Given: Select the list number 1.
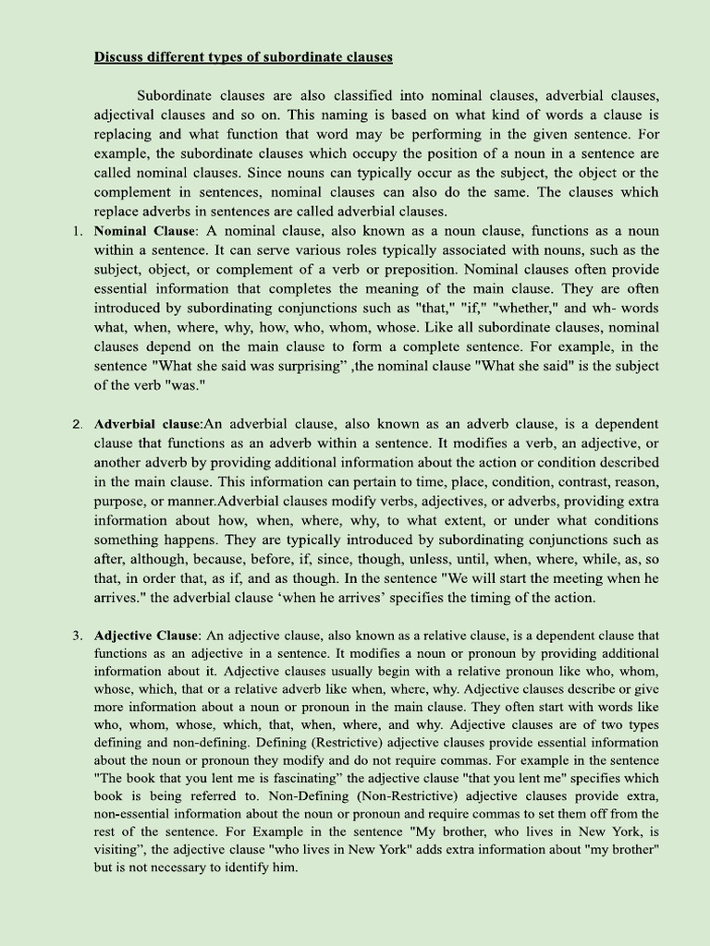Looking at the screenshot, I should tap(78, 231).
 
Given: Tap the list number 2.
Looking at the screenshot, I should tap(78, 424).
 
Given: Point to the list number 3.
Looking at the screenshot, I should tap(78, 636).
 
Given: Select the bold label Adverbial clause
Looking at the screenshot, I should tap(148, 424).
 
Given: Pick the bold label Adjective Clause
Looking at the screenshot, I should tap(146, 636).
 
